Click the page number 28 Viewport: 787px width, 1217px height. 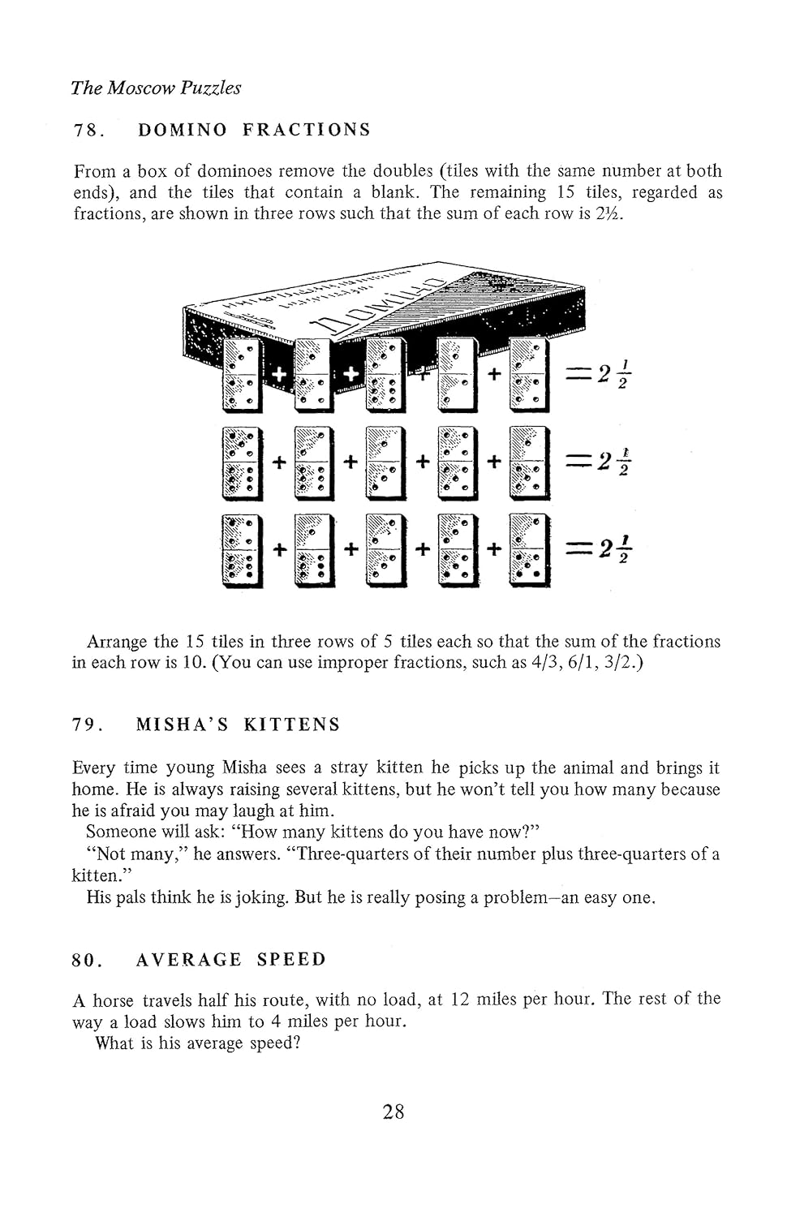393,1112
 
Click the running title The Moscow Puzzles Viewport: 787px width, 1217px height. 155,88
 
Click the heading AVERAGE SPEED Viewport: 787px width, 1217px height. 230,960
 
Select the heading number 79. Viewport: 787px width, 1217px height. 88,725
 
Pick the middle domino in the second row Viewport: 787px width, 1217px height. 385,462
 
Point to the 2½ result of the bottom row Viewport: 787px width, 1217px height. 615,550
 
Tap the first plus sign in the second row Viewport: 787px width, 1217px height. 280,462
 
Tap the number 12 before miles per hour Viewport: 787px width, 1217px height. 460,999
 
